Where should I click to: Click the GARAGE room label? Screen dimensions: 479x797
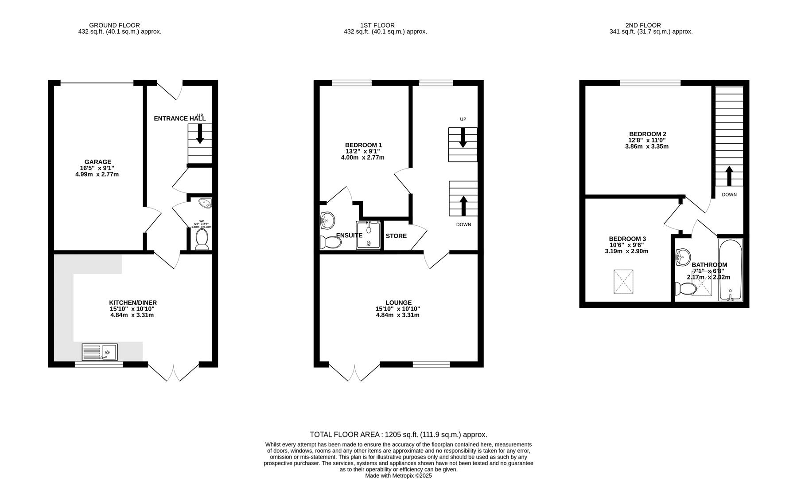click(x=97, y=162)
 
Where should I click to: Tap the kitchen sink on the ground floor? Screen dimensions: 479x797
click(x=100, y=352)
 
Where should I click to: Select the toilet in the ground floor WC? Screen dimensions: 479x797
click(x=202, y=239)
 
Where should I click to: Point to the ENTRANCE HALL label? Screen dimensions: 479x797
click(x=179, y=118)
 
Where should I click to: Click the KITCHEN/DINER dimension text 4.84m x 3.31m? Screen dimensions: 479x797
click(x=132, y=315)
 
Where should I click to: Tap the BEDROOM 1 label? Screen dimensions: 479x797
click(x=363, y=145)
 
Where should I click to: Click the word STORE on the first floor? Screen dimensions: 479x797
click(x=396, y=236)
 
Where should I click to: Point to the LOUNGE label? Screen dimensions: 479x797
click(x=398, y=302)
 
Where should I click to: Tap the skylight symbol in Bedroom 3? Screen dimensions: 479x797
click(x=623, y=282)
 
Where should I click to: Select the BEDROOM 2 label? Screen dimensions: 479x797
click(x=647, y=134)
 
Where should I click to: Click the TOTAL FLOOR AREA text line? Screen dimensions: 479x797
click(x=398, y=435)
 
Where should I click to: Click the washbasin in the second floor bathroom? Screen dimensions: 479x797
click(x=683, y=256)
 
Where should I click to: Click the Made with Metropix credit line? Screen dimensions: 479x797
click(x=398, y=475)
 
